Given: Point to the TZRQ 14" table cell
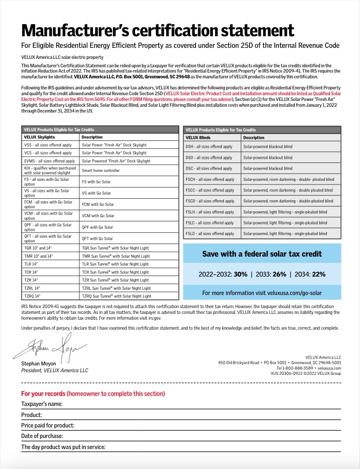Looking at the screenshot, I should (x=32, y=296).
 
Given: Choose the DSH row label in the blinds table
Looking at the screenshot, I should (x=209, y=147).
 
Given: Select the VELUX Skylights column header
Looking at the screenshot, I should (x=43, y=137).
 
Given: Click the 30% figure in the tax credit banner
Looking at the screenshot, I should (x=240, y=274).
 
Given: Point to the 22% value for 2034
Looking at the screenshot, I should (x=318, y=274).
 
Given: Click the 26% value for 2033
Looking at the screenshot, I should (x=280, y=274).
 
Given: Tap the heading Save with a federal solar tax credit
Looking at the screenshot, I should (x=262, y=254).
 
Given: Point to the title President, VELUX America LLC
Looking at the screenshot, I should (x=55, y=370).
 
